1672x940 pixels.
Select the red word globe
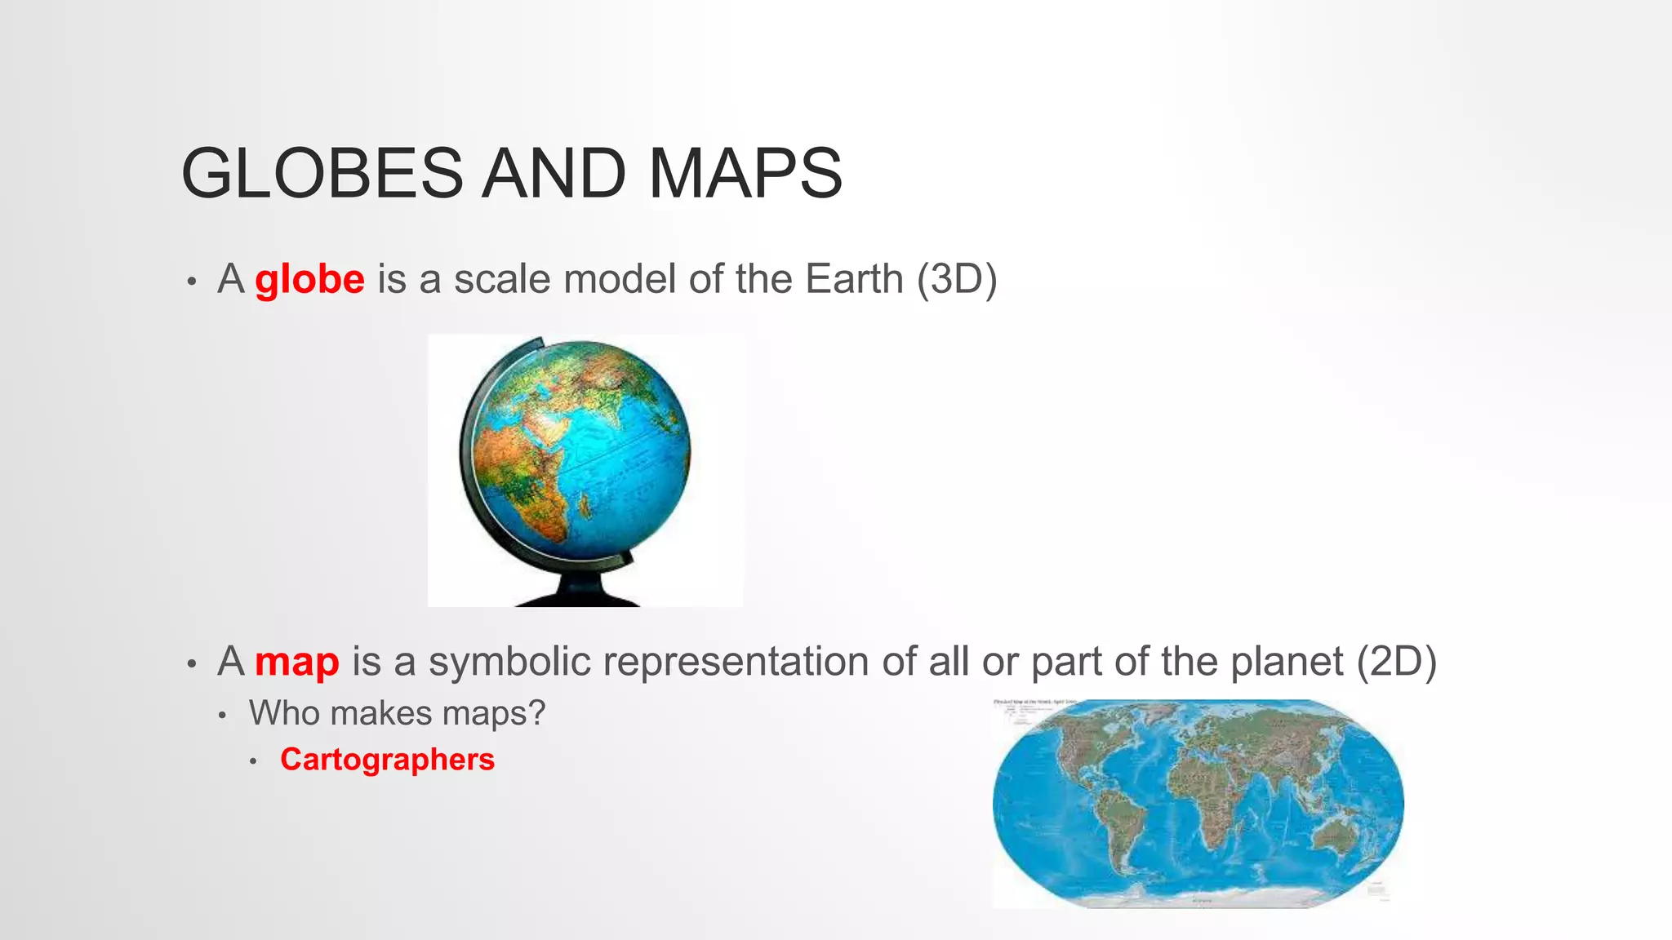309,279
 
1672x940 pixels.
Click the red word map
296,661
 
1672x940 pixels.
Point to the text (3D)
956,279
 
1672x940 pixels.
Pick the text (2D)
1396,661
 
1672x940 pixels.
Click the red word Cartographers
387,760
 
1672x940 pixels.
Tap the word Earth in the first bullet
854,279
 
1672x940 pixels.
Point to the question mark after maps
536,713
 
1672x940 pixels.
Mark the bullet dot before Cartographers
254,761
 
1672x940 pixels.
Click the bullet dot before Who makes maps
221,716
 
